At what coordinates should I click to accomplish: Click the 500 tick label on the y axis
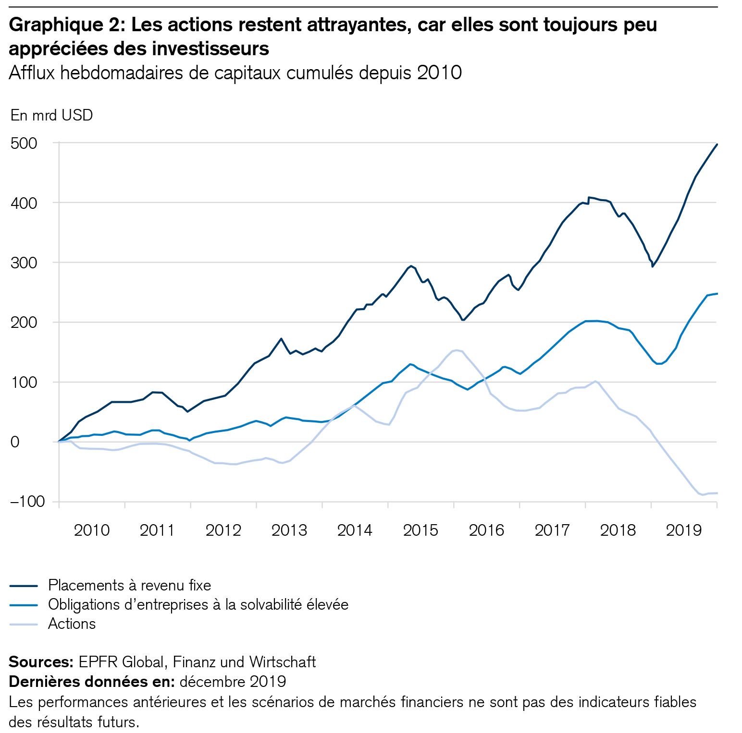tap(24, 143)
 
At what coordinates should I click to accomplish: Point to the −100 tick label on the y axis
tap(27, 501)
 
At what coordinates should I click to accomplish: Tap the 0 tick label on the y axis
tap(14, 442)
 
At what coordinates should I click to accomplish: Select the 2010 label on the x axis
tap(92, 530)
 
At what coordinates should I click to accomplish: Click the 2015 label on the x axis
tap(420, 530)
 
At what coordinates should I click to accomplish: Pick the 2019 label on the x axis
tap(684, 530)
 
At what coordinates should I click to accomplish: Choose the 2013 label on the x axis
tap(289, 530)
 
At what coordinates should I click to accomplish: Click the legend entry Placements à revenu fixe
tap(129, 585)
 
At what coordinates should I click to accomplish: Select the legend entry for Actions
tap(72, 624)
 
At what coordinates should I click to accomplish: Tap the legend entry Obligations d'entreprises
tap(198, 604)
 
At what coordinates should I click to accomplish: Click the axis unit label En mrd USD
tap(51, 115)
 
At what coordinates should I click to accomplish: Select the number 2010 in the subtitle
tap(439, 73)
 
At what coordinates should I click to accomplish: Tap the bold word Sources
tap(41, 662)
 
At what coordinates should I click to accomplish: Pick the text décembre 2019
tap(233, 682)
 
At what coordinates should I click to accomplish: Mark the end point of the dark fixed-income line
tap(717, 144)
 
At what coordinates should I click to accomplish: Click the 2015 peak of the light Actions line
tap(456, 350)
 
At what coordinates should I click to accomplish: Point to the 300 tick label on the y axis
tap(24, 263)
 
